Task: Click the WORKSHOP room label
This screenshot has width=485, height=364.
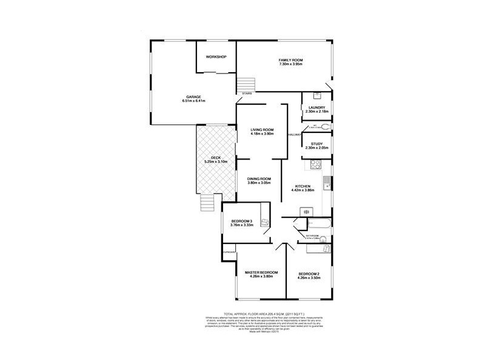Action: point(216,56)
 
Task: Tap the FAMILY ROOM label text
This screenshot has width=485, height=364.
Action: point(290,60)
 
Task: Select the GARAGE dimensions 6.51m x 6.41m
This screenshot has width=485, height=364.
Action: point(194,101)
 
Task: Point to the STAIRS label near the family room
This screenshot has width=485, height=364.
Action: point(246,93)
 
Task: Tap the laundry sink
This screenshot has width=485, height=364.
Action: point(317,96)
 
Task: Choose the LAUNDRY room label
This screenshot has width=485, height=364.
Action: point(316,107)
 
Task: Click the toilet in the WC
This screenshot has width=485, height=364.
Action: point(326,126)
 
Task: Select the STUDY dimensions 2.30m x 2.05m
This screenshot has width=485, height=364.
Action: point(316,148)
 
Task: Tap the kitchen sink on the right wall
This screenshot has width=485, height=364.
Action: point(326,180)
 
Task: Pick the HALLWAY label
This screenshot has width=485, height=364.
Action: point(295,134)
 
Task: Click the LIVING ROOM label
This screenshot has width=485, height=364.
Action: point(263,129)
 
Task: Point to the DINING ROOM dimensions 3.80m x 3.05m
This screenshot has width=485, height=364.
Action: point(259,183)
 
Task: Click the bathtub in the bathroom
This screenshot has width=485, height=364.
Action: point(321,225)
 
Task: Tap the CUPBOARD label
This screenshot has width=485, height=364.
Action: point(229,251)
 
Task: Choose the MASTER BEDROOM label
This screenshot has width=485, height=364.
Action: point(261,272)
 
